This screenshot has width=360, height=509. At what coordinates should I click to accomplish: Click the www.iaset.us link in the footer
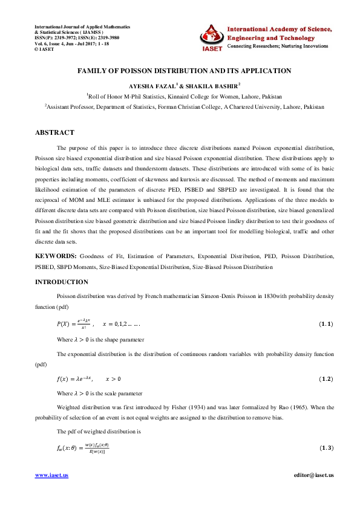click(x=51, y=475)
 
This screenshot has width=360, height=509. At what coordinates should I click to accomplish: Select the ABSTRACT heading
click(x=54, y=132)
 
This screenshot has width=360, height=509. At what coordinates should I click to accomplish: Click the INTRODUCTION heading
click(x=61, y=282)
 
